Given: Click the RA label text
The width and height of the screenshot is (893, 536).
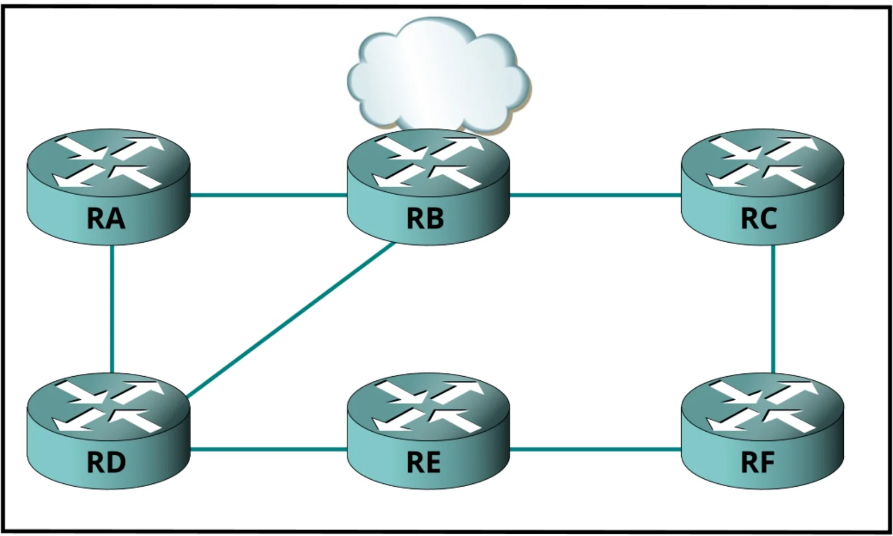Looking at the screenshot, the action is pos(106,219).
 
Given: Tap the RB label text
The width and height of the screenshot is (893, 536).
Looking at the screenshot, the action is pos(425,219).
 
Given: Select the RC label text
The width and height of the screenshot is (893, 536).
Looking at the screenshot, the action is pos(759,219).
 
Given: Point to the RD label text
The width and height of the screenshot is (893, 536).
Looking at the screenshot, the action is pos(106,463).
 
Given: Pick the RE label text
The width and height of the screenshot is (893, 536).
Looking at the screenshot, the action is pos(424,463).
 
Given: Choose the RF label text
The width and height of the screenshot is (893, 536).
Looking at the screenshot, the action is pos(757,463).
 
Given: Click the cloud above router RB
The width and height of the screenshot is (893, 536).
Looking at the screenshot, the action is pos(439,74).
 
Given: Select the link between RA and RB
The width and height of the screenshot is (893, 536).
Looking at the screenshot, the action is pos(268,195).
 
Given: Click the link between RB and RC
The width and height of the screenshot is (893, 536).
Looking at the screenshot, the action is pos(595,195).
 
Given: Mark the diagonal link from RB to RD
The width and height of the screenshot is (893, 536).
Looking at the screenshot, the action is pos(291,320).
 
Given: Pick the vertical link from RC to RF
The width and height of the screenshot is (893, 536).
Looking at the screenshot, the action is pos(773,309).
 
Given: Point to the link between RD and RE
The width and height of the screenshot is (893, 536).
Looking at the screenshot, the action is pos(268,450).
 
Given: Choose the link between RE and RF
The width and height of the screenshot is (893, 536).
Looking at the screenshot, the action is pos(595,450).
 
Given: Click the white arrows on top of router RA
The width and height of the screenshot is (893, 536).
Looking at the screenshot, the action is pos(108,163).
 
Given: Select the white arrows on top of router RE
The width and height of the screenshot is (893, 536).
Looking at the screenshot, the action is pos(428,407).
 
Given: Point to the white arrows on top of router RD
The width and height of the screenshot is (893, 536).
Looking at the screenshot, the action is pos(108,407).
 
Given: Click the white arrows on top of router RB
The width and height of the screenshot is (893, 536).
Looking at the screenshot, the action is pos(428,163).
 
